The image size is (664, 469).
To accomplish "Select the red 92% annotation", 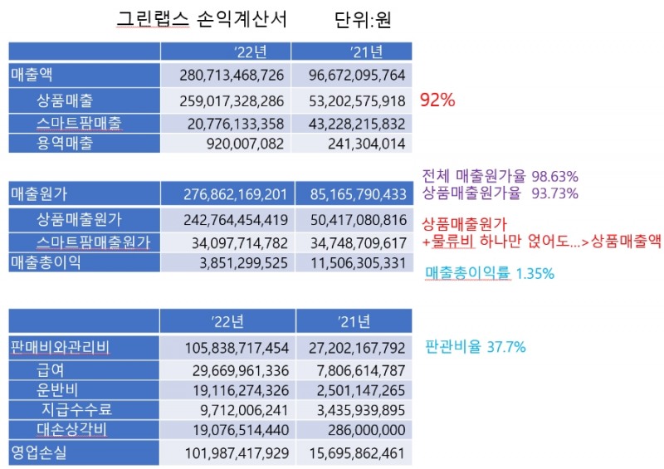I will tap(438, 100).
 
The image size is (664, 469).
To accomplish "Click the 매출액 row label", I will tap(31, 75).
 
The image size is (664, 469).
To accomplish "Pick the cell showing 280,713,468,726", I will tap(232, 76).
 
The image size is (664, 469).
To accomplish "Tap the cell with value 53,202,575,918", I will tap(353, 101).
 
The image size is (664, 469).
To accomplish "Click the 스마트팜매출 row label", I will tap(80, 123).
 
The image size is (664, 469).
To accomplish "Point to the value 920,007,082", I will tap(243, 143).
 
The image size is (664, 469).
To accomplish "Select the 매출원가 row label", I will tap(39, 195).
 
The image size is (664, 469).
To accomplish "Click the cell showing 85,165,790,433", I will tap(353, 195).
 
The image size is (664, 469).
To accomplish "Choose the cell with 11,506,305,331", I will tap(353, 262).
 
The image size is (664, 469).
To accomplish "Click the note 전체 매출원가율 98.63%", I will tap(500, 176).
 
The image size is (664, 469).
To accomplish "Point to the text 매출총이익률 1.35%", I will tap(490, 273).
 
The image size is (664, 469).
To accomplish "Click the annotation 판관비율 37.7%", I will tap(475, 347).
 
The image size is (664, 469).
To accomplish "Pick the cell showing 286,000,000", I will tap(364, 430).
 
